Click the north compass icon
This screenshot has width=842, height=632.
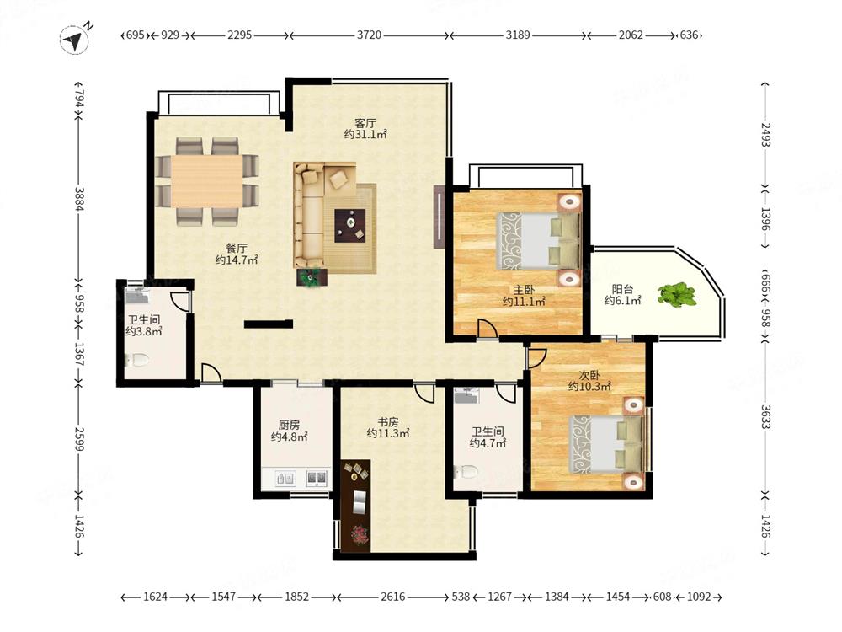[x=76, y=40]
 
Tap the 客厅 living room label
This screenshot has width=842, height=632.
[x=365, y=122]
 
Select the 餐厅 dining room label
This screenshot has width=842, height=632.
[x=237, y=249]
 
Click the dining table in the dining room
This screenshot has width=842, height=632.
[x=207, y=181]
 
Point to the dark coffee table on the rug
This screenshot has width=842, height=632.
[x=350, y=225]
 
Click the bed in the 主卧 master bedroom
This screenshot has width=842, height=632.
[x=538, y=240]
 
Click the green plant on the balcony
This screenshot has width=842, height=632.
[x=677, y=294]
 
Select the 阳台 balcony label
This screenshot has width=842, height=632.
[x=622, y=289]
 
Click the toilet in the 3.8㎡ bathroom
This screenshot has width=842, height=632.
[x=137, y=360]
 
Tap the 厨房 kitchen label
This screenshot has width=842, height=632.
[x=289, y=425]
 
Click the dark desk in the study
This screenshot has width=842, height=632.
[x=355, y=506]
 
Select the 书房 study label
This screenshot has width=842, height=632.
[x=387, y=422]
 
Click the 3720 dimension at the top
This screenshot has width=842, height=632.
[x=369, y=35]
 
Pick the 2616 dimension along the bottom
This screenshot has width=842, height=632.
[x=392, y=597]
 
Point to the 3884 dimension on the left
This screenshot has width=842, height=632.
[x=79, y=198]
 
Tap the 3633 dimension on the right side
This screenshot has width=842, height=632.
[x=765, y=416]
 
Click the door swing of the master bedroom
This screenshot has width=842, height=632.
[x=488, y=329]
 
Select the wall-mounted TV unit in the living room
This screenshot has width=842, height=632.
[x=440, y=217]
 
